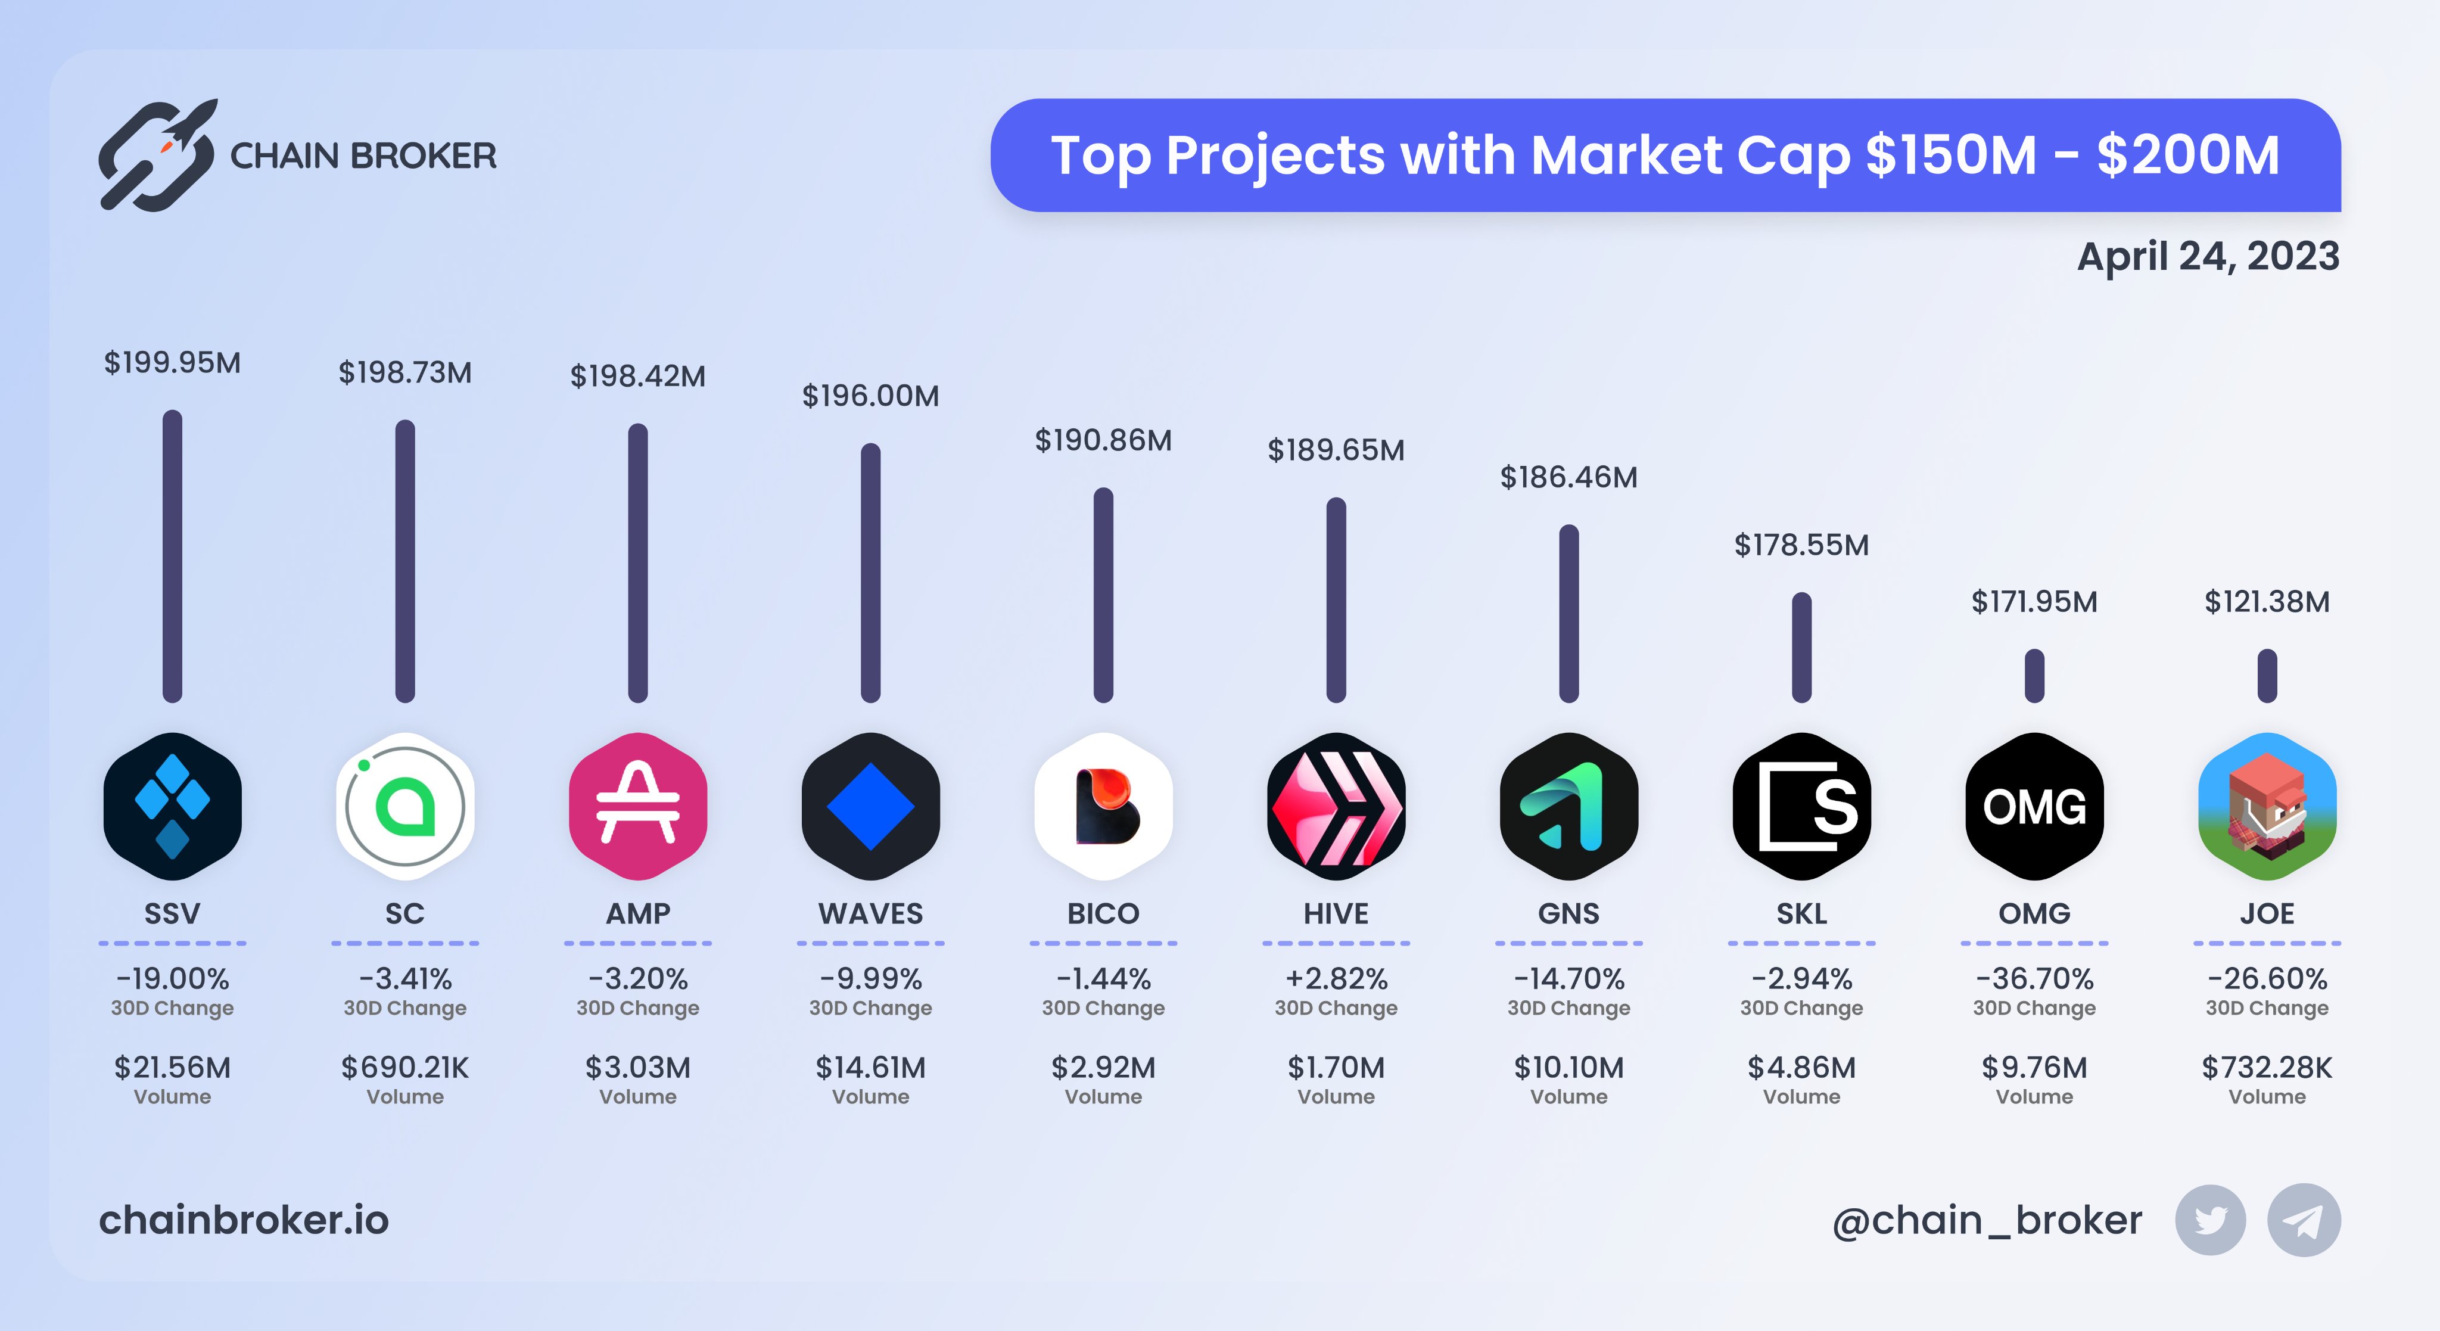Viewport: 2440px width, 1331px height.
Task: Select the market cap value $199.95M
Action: point(172,363)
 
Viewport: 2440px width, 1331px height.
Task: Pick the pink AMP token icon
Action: point(637,806)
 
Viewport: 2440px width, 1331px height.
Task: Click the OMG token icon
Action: point(2034,806)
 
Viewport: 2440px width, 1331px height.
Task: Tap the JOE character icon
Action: point(2267,806)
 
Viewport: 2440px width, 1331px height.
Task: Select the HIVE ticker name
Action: point(1336,913)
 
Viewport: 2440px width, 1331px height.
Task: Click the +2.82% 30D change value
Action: point(1336,978)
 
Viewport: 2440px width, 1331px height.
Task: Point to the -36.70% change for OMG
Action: point(2034,978)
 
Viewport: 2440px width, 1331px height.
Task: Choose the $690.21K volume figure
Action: point(406,1068)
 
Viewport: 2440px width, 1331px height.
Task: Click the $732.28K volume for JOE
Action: point(2267,1068)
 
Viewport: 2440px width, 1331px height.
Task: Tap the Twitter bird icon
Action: point(2210,1220)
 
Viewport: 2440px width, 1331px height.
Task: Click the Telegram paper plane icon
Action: point(2302,1220)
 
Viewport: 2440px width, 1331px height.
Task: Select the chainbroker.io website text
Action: point(244,1220)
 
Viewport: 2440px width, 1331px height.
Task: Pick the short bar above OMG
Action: point(2034,676)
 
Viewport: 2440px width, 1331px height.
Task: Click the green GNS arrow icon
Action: point(1568,806)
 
